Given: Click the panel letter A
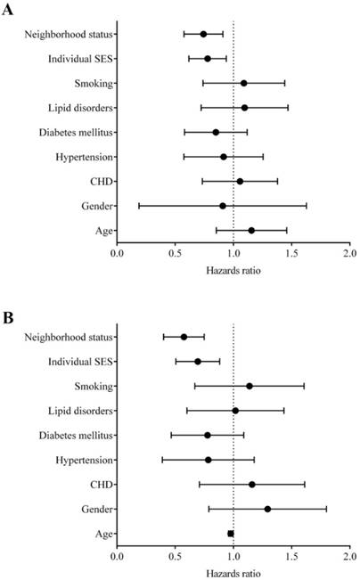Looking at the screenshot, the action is pyautogui.click(x=8, y=9).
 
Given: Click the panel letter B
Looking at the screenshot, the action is pyautogui.click(x=8, y=318).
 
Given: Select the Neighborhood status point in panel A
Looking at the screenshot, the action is pyautogui.click(x=203, y=35).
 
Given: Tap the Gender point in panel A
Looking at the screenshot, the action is pyautogui.click(x=223, y=206).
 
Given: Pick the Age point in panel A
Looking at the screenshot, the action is pyautogui.click(x=251, y=231).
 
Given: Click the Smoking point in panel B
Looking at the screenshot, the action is pyautogui.click(x=250, y=386).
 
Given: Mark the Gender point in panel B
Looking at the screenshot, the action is pyautogui.click(x=267, y=510).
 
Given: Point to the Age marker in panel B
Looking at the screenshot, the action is pyautogui.click(x=231, y=534).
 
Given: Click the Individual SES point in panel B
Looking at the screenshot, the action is pyautogui.click(x=198, y=362).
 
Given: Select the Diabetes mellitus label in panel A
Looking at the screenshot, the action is pyautogui.click(x=76, y=133).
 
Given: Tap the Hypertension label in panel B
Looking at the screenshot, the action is pyautogui.click(x=84, y=460).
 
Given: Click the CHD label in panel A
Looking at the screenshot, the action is pyautogui.click(x=102, y=182).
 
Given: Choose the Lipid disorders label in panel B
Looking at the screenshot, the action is pyautogui.click(x=80, y=411).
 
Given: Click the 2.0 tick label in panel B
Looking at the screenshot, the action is pyautogui.click(x=349, y=556).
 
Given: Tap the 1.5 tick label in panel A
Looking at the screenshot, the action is pyautogui.click(x=291, y=253).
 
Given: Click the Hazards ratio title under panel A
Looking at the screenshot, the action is pyautogui.click(x=233, y=270).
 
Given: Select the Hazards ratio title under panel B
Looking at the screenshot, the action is pyautogui.click(x=233, y=574).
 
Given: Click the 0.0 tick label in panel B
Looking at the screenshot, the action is pyautogui.click(x=117, y=556).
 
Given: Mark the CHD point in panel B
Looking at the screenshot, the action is pyautogui.click(x=252, y=485).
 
